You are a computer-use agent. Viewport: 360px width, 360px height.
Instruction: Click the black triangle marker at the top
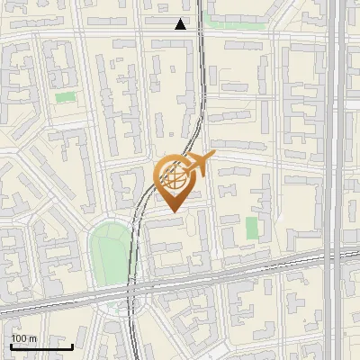click(x=180, y=24)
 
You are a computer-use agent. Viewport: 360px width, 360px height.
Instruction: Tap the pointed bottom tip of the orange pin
click(x=173, y=211)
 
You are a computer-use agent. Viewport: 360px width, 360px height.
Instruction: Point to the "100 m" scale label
click(x=23, y=338)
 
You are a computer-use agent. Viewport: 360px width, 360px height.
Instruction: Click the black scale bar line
click(x=41, y=346)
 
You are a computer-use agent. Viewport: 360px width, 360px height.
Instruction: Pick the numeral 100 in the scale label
click(x=19, y=338)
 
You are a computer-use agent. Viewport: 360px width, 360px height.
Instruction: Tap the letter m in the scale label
click(x=32, y=338)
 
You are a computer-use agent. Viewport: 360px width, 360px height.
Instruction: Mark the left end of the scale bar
click(x=11, y=346)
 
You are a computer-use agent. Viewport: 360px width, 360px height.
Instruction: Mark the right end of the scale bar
click(x=72, y=346)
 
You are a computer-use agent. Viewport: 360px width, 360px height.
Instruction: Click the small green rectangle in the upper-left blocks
click(x=65, y=96)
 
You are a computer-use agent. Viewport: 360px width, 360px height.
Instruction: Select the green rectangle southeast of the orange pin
click(x=252, y=228)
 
